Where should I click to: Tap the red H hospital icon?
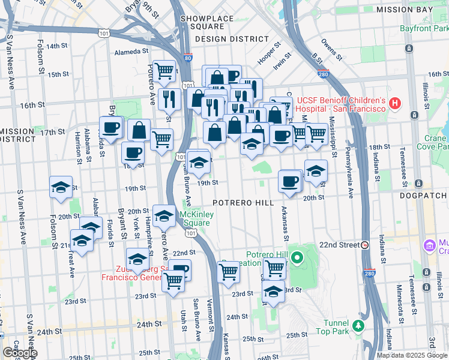394,103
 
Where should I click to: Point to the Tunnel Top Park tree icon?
358,325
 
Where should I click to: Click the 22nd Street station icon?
365,245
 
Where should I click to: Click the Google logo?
19,353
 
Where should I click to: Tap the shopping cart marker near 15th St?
164,72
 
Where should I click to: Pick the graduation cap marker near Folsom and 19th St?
61,188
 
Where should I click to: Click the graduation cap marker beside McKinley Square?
163,216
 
